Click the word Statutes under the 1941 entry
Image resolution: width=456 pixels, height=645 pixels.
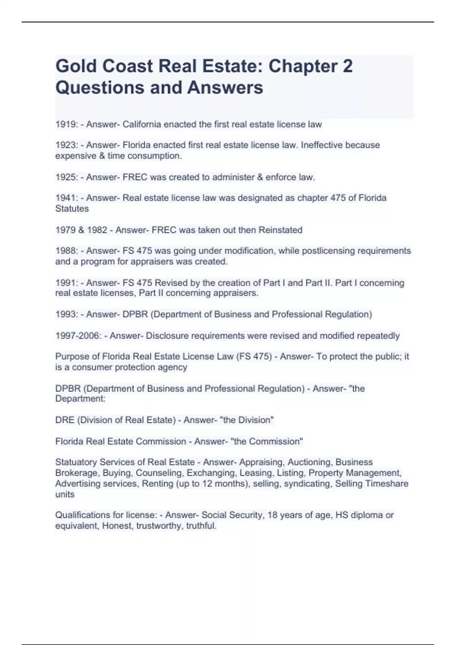[72, 209]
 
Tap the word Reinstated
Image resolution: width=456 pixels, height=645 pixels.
[280, 230]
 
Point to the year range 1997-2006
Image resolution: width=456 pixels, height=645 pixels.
[78, 336]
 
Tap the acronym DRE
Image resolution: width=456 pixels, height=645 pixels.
[65, 420]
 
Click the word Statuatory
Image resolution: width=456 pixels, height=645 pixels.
[76, 462]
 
